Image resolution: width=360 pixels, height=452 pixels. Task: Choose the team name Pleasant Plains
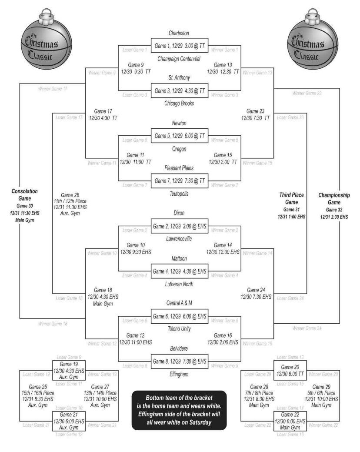pyautogui.click(x=179, y=167)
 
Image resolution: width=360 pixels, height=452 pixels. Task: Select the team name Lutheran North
pyautogui.click(x=179, y=284)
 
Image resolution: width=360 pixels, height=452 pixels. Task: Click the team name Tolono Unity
pyautogui.click(x=179, y=329)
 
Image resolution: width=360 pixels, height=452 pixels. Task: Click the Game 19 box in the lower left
pyautogui.click(x=68, y=370)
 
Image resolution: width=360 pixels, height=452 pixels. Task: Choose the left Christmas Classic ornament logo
pyautogui.click(x=42, y=44)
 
